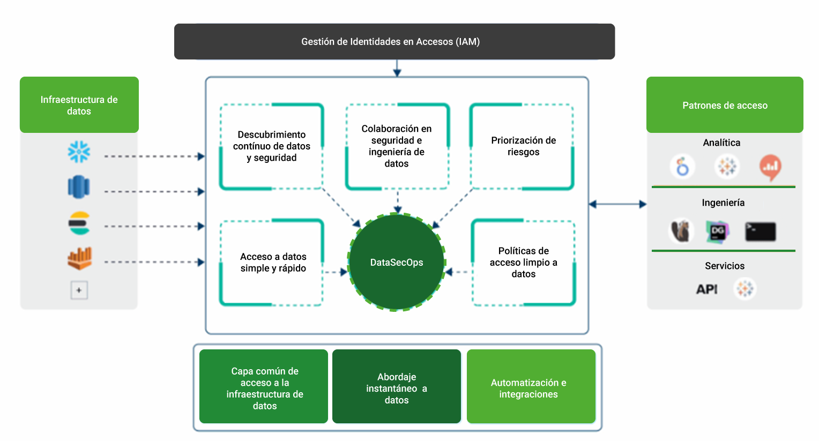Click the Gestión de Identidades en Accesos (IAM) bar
click(394, 41)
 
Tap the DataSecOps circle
click(397, 262)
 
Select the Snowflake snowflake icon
click(79, 152)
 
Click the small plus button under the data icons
click(79, 290)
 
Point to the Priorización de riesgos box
click(523, 146)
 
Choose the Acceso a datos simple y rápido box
click(272, 263)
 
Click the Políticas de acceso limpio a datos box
click(523, 263)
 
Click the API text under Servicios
click(706, 289)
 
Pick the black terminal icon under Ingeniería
click(760, 231)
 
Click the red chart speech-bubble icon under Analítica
click(770, 167)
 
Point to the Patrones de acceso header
click(725, 105)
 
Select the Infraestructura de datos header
click(79, 105)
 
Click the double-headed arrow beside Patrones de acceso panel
click(617, 204)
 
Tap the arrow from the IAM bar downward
click(397, 68)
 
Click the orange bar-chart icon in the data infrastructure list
click(79, 258)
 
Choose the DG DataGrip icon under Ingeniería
click(717, 231)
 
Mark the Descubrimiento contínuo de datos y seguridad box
click(272, 146)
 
